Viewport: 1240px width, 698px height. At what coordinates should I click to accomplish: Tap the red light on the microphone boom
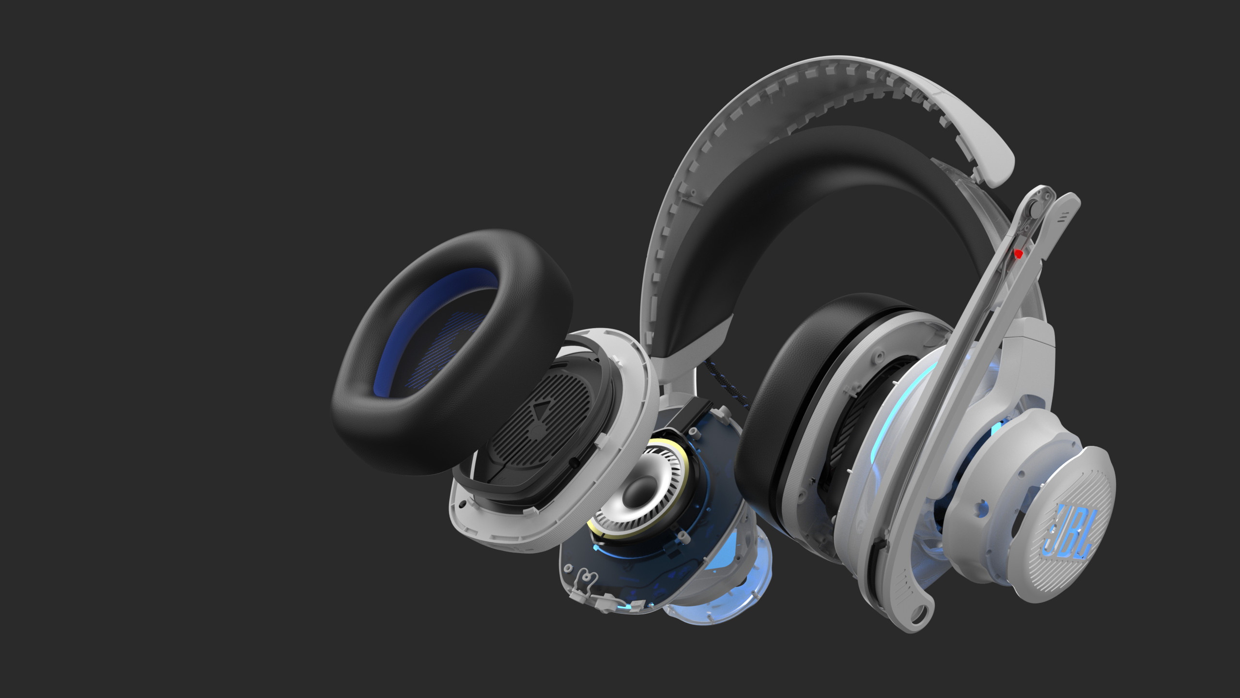[x=1018, y=254]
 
